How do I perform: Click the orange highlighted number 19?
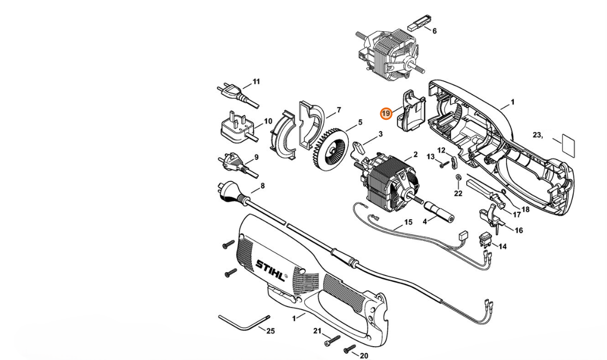point(386,113)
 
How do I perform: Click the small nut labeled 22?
point(459,177)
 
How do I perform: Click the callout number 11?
point(256,82)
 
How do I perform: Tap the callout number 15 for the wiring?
point(408,222)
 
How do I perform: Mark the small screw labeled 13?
point(443,164)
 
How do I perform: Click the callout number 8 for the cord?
point(262,187)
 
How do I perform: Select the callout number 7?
point(339,110)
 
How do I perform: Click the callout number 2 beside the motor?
point(415,155)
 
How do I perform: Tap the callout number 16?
point(518,231)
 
